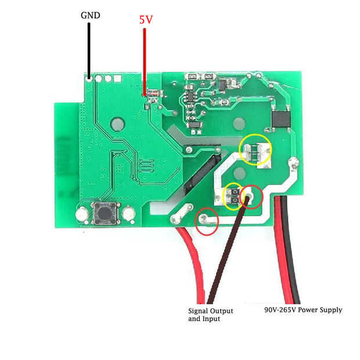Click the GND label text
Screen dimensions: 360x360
90,15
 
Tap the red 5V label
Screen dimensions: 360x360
146,19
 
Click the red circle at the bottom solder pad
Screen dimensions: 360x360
207,221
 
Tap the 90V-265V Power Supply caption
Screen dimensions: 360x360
303,310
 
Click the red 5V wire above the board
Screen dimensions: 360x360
145,58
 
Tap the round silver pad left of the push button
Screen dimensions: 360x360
82,215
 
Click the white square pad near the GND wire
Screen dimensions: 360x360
117,78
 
